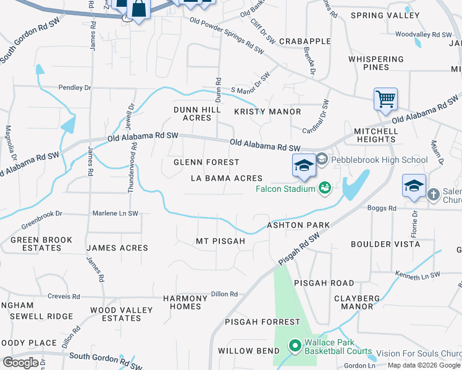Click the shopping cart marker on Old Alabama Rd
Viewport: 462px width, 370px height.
click(385, 99)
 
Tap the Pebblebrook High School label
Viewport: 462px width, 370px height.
click(379, 160)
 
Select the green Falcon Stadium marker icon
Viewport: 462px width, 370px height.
click(325, 187)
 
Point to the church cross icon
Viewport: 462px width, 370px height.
click(434, 195)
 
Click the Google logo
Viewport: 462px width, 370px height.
click(20, 362)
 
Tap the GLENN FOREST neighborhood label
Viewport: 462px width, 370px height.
click(206, 162)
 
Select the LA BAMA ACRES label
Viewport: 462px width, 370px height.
click(226, 178)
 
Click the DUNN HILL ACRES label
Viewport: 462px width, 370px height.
click(192, 113)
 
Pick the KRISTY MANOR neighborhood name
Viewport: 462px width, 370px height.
click(267, 112)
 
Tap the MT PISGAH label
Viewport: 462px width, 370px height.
click(220, 241)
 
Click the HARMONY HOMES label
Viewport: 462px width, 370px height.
click(182, 302)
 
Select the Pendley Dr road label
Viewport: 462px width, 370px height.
click(75, 88)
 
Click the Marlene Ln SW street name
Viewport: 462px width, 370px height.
click(115, 213)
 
